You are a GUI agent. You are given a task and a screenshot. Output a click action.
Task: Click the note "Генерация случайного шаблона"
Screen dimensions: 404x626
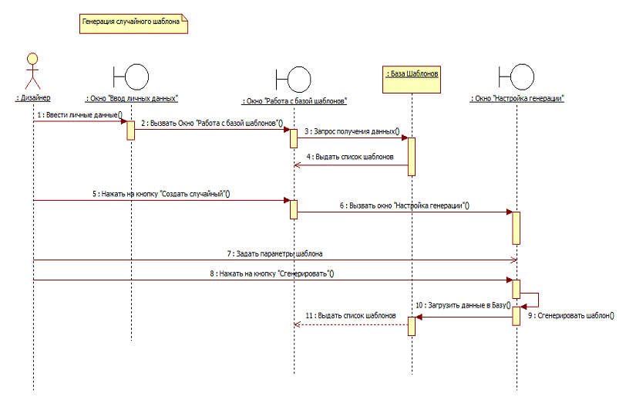click(134, 23)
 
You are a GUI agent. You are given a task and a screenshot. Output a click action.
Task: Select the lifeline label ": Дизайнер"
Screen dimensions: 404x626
click(33, 97)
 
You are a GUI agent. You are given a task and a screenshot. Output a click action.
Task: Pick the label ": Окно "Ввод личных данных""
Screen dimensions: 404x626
click(132, 98)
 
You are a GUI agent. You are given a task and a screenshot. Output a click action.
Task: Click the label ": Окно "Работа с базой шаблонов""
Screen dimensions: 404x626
click(294, 100)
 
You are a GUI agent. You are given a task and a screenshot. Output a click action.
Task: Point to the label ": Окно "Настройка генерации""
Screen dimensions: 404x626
click(517, 98)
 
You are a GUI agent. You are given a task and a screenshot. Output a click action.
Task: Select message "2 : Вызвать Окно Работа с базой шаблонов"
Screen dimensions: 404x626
click(211, 123)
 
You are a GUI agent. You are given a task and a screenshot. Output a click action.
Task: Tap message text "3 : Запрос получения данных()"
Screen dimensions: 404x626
click(352, 131)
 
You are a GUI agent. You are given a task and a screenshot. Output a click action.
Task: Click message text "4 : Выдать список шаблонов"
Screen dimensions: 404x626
click(350, 157)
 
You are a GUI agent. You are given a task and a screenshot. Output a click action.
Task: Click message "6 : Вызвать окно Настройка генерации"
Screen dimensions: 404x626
click(405, 205)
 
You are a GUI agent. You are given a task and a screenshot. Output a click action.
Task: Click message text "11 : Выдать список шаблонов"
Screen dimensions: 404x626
click(352, 315)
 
